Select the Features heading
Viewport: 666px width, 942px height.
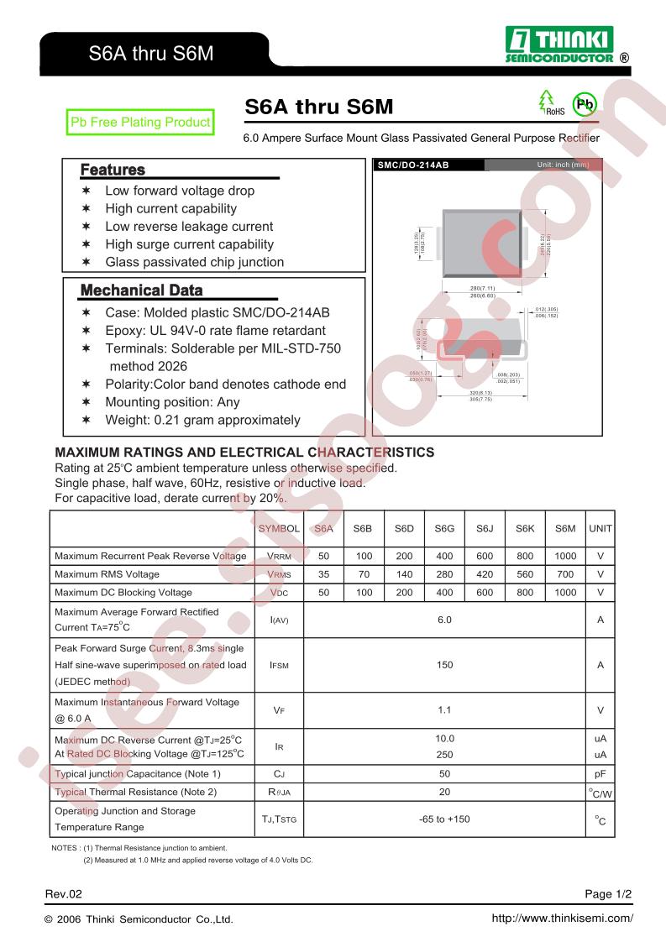pyautogui.click(x=113, y=170)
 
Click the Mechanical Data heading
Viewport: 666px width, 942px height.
pyautogui.click(x=141, y=291)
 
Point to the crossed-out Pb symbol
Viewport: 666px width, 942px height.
pyautogui.click(x=584, y=104)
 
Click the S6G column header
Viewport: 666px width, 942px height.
pyautogui.click(x=444, y=529)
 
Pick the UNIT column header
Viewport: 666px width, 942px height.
pyautogui.click(x=600, y=529)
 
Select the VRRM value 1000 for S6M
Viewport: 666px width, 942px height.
pyautogui.click(x=565, y=556)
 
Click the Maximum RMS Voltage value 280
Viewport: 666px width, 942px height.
pyautogui.click(x=444, y=574)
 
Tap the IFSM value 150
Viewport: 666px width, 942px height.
pyautogui.click(x=444, y=665)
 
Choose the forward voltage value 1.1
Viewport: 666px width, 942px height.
pyautogui.click(x=444, y=710)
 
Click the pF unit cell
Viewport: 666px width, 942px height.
pyautogui.click(x=600, y=774)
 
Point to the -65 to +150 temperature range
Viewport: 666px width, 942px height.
pyautogui.click(x=444, y=819)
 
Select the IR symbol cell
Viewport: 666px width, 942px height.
pyautogui.click(x=280, y=746)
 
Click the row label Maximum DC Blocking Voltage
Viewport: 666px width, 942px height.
pyautogui.click(x=123, y=593)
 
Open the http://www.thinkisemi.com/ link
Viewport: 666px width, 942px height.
pyautogui.click(x=561, y=918)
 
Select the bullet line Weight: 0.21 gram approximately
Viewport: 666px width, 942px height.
pyautogui.click(x=202, y=420)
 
